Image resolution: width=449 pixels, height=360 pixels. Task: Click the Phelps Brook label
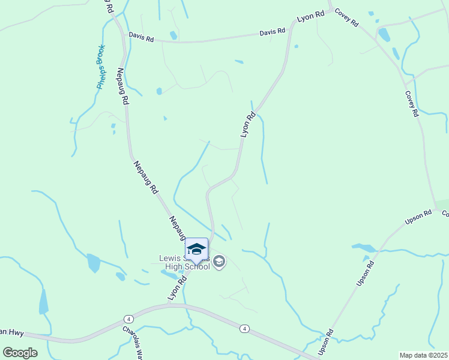(x=101, y=67)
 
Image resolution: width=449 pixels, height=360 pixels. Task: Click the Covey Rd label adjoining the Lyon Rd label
(x=346, y=17)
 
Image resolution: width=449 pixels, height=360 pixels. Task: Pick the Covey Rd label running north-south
(x=411, y=103)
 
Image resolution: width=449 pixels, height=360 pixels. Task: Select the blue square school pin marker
(x=196, y=250)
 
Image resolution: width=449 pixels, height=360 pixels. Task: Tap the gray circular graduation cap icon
(x=219, y=261)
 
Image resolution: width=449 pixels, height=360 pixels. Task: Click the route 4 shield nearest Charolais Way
(x=129, y=319)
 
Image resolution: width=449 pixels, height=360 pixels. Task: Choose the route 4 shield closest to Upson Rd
(x=244, y=328)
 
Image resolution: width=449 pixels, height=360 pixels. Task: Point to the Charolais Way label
(x=133, y=340)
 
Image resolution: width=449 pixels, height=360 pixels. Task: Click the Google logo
(x=19, y=353)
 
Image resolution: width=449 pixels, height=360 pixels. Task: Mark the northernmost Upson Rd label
(x=418, y=217)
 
